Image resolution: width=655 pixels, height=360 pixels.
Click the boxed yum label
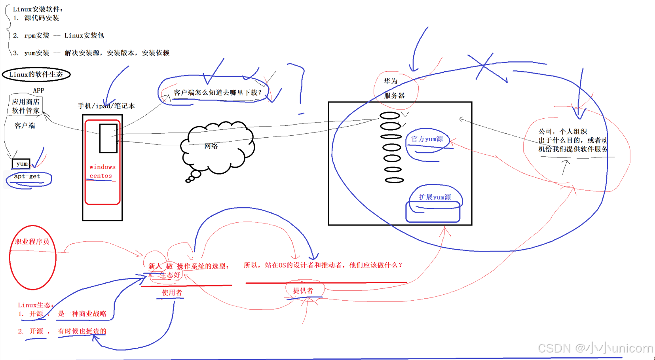(21, 164)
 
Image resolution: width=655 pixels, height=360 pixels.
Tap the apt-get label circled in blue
(27, 176)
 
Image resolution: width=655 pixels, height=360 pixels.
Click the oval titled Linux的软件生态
(36, 74)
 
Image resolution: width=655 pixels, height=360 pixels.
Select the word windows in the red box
(102, 167)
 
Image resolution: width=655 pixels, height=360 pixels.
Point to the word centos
(101, 176)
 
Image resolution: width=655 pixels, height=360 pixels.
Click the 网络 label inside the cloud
(211, 146)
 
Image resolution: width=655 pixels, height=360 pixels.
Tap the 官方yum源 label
(427, 139)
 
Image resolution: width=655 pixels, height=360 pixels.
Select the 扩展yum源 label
(435, 197)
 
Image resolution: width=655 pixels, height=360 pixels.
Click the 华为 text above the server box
(391, 81)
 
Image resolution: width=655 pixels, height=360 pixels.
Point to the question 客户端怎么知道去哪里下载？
(218, 93)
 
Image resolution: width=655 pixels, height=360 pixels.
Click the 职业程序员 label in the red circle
(32, 242)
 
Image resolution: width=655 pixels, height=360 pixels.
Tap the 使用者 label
(172, 293)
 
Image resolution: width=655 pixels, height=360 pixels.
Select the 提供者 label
(303, 291)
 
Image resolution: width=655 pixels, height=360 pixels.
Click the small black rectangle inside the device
(108, 138)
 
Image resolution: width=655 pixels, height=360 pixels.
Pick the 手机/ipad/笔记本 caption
(106, 106)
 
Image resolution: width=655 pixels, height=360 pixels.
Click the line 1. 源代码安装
(36, 18)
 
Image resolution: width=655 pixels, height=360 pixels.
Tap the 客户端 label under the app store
(25, 126)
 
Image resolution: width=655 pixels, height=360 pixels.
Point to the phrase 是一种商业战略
(82, 314)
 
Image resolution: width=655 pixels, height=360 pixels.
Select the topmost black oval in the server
(390, 116)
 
